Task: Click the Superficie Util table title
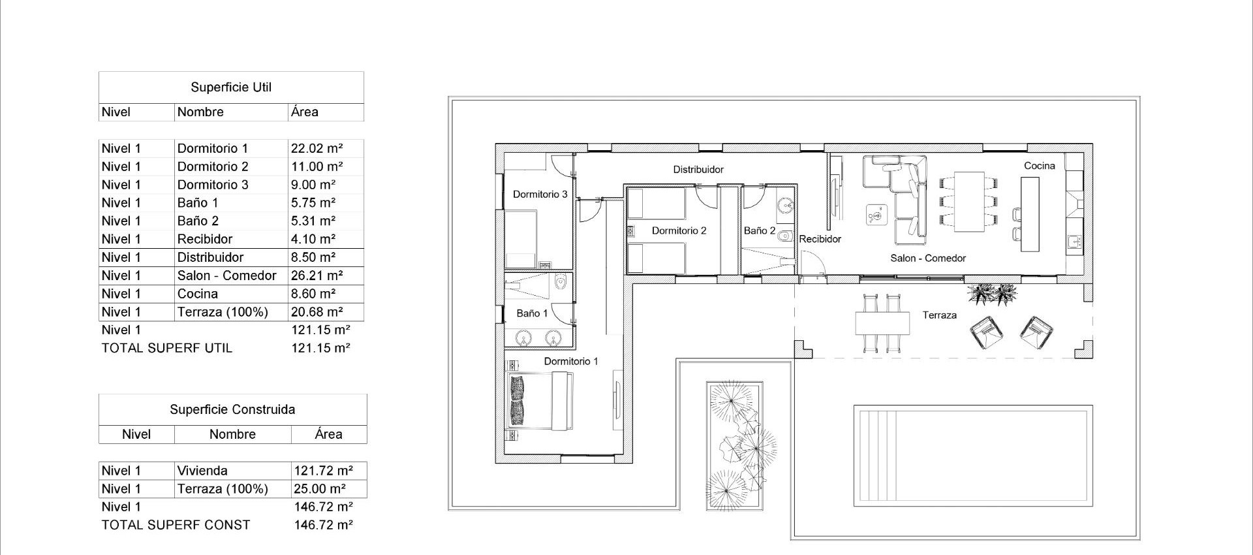[x=231, y=87]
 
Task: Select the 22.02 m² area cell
[x=317, y=148]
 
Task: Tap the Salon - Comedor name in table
[x=226, y=276]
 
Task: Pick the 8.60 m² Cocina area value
[x=313, y=294]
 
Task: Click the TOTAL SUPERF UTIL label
[x=166, y=348]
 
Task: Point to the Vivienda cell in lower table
[x=202, y=471]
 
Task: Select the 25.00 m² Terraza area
[x=320, y=489]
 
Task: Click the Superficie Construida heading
[x=232, y=409]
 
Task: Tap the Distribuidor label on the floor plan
[x=698, y=170]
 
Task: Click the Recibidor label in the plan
[x=820, y=239]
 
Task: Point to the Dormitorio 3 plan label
[x=540, y=195]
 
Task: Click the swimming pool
[x=972, y=456]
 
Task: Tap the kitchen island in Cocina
[x=1030, y=214]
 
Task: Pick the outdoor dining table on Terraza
[x=882, y=322]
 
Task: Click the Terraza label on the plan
[x=939, y=315]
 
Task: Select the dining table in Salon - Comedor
[x=968, y=201]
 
